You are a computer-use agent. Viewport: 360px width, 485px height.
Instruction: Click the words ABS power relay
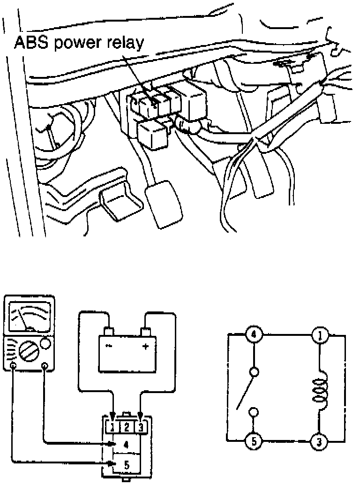pyautogui.click(x=78, y=43)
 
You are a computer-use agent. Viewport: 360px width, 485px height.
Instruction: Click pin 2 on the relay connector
pyautogui.click(x=127, y=427)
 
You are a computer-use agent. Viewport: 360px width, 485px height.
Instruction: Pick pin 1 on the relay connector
pyautogui.click(x=113, y=427)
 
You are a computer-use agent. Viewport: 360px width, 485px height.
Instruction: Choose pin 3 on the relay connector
pyautogui.click(x=141, y=427)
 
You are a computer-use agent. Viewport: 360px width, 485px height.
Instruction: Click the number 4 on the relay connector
pyautogui.click(x=126, y=443)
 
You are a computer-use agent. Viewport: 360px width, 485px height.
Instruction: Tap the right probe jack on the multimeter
pyautogui.click(x=45, y=367)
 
